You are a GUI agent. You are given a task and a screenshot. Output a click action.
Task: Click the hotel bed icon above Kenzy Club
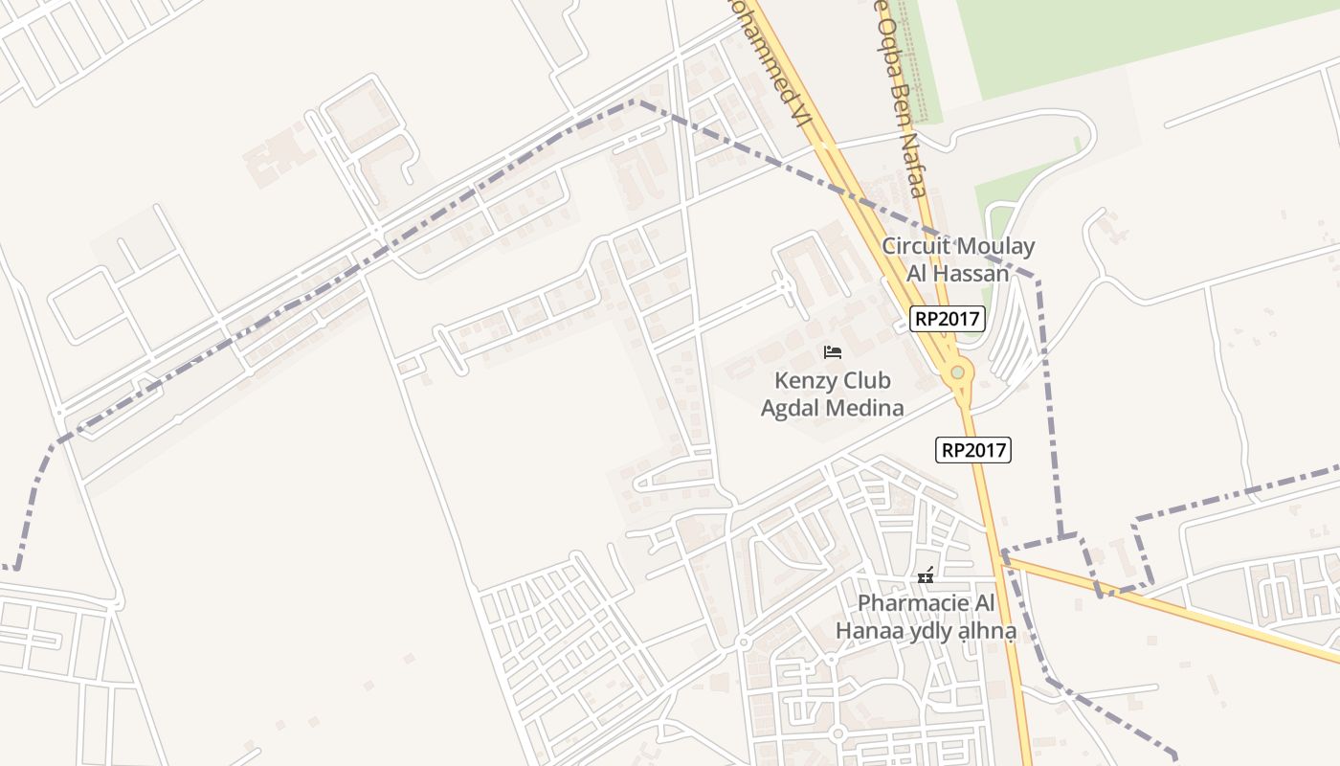tap(833, 352)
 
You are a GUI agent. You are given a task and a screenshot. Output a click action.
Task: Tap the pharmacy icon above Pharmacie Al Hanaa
tap(926, 575)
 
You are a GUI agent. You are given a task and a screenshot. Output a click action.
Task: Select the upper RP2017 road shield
tap(947, 319)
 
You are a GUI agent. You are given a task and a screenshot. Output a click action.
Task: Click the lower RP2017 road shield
tap(973, 449)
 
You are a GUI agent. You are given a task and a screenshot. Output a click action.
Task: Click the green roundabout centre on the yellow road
tap(957, 372)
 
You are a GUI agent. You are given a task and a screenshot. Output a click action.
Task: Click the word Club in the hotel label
tap(865, 381)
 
